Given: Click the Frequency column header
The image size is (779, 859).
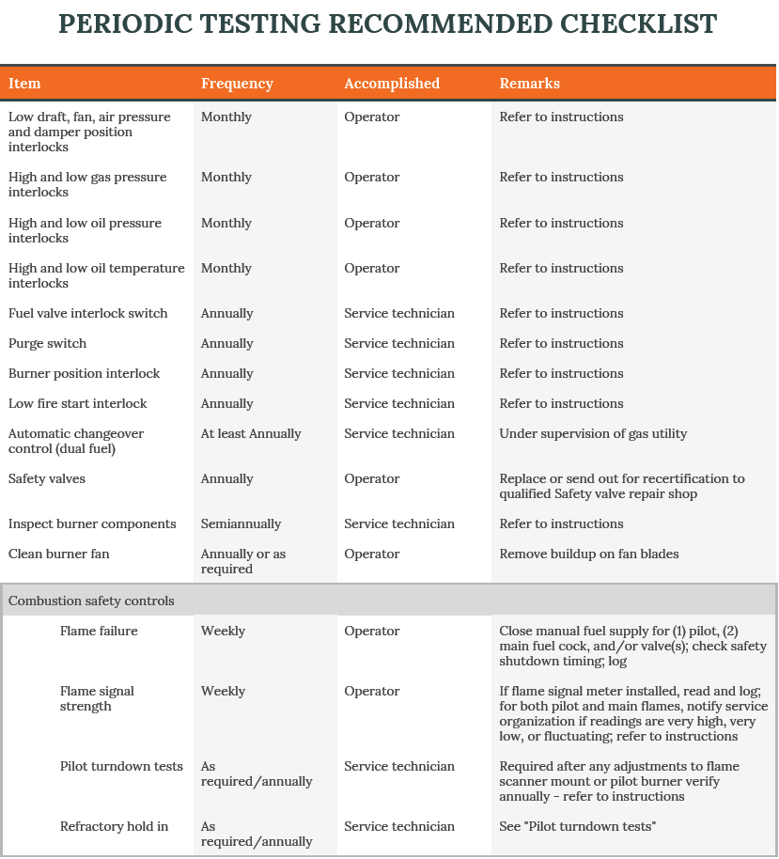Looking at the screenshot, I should pyautogui.click(x=237, y=84).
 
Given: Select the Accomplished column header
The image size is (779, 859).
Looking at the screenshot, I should pyautogui.click(x=392, y=84).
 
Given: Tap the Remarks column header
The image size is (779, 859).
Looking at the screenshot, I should pyautogui.click(x=529, y=84).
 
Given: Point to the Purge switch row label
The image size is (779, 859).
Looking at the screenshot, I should pyautogui.click(x=47, y=343).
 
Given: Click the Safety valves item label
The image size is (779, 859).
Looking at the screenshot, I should pyautogui.click(x=47, y=478).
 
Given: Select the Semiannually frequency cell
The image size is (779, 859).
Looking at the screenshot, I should pyautogui.click(x=241, y=523).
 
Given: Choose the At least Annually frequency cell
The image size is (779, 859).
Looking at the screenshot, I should pyautogui.click(x=251, y=433).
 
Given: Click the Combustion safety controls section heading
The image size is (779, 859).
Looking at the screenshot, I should pyautogui.click(x=91, y=601).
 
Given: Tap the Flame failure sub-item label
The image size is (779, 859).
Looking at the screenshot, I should pyautogui.click(x=99, y=631).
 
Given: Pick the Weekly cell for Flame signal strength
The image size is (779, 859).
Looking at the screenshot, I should pyautogui.click(x=223, y=691).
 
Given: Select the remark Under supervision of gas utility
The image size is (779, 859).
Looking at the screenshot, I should pyautogui.click(x=593, y=433).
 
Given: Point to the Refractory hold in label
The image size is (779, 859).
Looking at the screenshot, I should pyautogui.click(x=114, y=826).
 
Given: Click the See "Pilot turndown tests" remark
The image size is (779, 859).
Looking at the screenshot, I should pyautogui.click(x=578, y=826).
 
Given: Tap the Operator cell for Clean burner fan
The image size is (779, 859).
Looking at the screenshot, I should pyautogui.click(x=371, y=554).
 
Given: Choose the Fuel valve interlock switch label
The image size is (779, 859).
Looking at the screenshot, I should pyautogui.click(x=88, y=313).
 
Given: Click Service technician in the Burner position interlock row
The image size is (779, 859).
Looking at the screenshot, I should pyautogui.click(x=398, y=373).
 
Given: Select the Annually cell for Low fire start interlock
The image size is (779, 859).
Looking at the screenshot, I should pyautogui.click(x=226, y=403).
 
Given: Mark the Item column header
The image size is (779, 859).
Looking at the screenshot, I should pyautogui.click(x=24, y=84).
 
